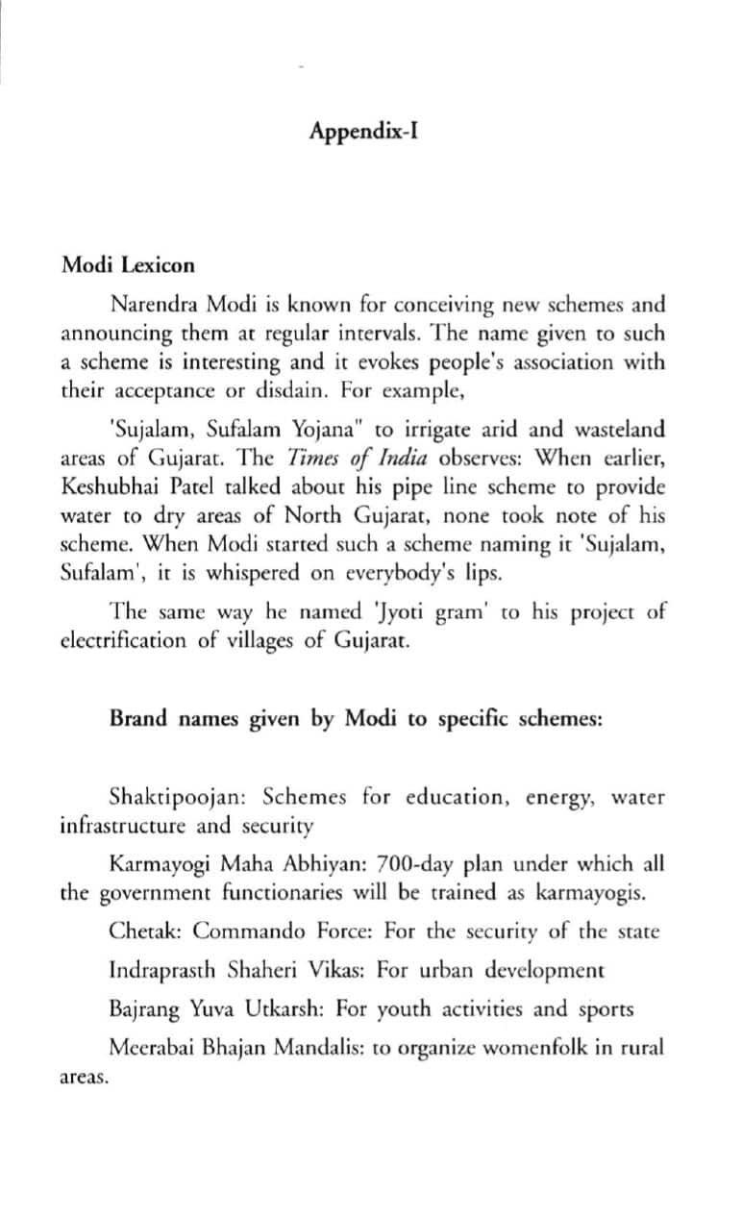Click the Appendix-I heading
pos(363,131)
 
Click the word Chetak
pos(136,931)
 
